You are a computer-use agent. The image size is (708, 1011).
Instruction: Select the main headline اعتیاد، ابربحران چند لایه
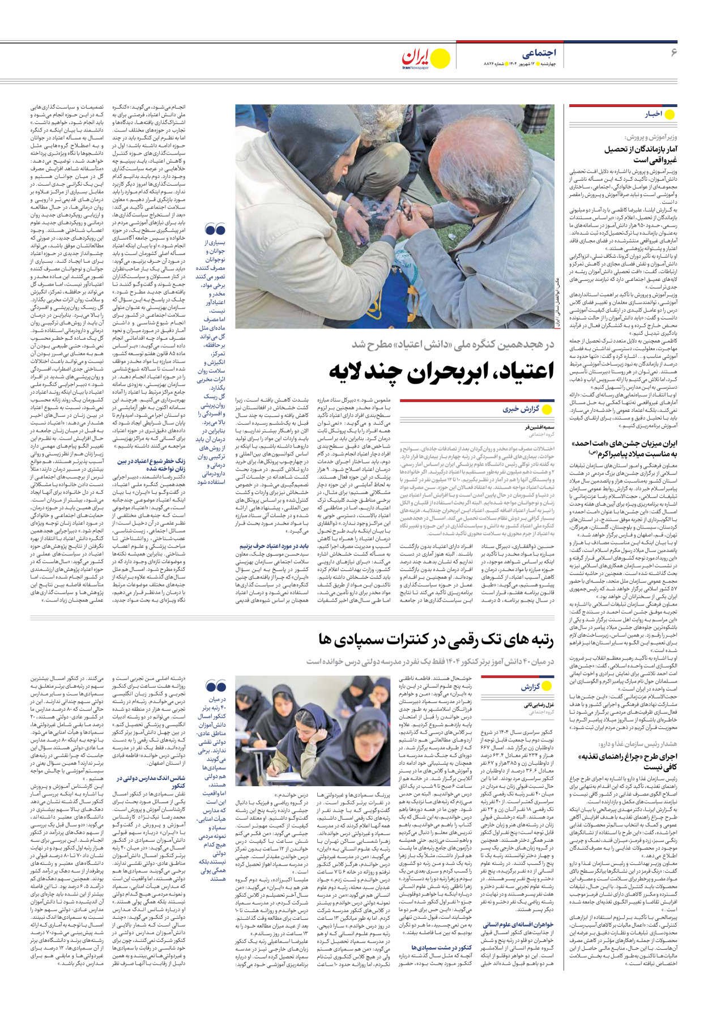(441, 371)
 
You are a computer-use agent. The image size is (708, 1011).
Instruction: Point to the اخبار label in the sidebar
(654, 114)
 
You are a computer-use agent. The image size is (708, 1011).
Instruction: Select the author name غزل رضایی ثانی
(538, 705)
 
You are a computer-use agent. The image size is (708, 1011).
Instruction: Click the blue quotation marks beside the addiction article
(215, 229)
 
